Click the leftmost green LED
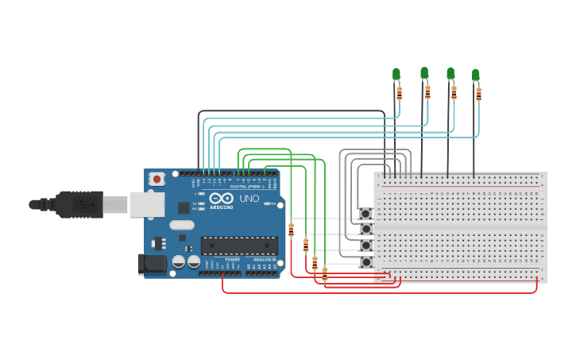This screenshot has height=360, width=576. [x=396, y=75]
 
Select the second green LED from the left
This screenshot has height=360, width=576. [x=424, y=73]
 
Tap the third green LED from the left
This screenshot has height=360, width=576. [x=450, y=74]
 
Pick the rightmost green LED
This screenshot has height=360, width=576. [x=476, y=75]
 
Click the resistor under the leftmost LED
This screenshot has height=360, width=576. [x=400, y=94]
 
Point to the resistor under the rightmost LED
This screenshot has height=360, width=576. [x=479, y=95]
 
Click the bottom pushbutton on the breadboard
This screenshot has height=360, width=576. [x=366, y=261]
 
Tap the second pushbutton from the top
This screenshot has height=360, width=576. [x=366, y=229]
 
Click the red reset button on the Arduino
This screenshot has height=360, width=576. [x=157, y=180]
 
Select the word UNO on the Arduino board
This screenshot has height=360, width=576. [x=249, y=198]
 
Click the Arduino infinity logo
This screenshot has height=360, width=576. [x=222, y=198]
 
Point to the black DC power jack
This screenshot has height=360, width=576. [x=152, y=264]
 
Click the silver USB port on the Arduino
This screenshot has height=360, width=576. [x=147, y=204]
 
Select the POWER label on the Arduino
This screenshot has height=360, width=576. [x=232, y=259]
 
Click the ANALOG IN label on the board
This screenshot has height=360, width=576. [x=264, y=259]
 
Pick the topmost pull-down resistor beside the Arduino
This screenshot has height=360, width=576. [x=292, y=230]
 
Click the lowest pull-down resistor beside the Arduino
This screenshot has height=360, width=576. [x=324, y=274]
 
